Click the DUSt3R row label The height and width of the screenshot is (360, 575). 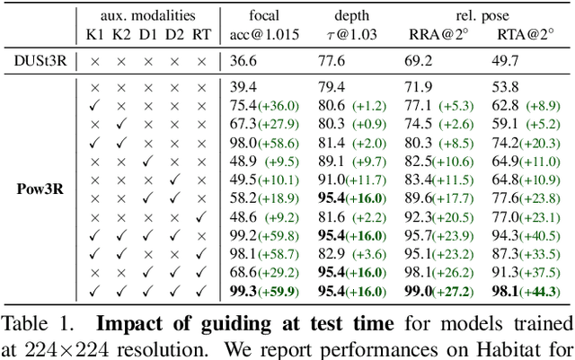pyautogui.click(x=38, y=62)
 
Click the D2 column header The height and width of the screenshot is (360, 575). pyautogui.click(x=174, y=36)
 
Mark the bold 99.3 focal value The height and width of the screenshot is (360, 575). pyautogui.click(x=243, y=291)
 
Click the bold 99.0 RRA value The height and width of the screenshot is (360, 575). pyautogui.click(x=420, y=291)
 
